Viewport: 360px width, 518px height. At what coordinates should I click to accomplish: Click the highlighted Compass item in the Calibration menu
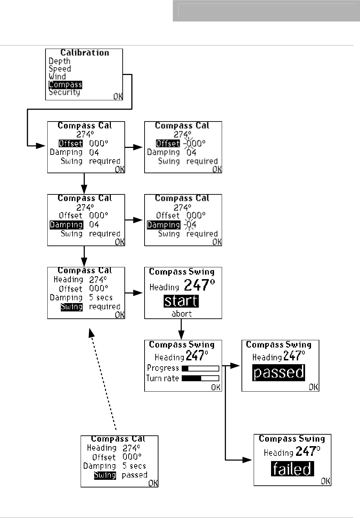click(65, 85)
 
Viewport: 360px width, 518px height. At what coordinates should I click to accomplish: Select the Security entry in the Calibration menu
click(64, 92)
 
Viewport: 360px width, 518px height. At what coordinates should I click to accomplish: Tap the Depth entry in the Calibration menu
click(59, 61)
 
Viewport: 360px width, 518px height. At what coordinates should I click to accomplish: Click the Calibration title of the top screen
click(84, 53)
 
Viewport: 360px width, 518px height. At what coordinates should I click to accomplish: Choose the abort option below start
click(181, 314)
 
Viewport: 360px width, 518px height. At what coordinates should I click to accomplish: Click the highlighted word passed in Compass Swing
click(279, 373)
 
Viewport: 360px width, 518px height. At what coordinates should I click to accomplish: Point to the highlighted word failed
click(292, 469)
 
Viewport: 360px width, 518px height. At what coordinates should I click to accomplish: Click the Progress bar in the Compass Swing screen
click(200, 368)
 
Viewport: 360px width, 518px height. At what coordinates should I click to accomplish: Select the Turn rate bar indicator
click(200, 378)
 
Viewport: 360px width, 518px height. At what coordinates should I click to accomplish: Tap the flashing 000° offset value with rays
click(195, 143)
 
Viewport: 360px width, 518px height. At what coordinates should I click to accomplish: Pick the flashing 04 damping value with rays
click(191, 225)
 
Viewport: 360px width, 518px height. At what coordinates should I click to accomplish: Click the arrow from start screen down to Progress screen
click(181, 329)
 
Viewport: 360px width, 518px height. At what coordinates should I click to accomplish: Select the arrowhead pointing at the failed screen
click(247, 460)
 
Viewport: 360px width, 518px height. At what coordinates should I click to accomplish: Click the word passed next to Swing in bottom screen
click(134, 475)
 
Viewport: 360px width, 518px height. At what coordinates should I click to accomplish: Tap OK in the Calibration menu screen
click(118, 97)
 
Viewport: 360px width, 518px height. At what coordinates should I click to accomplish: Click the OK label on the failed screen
click(326, 481)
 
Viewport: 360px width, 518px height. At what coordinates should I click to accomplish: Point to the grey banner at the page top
click(266, 11)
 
